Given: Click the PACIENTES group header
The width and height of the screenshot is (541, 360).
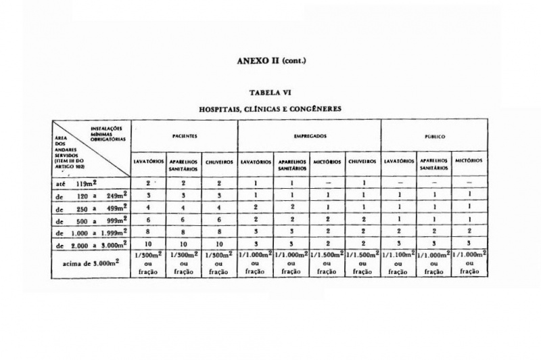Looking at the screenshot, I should click(x=185, y=136).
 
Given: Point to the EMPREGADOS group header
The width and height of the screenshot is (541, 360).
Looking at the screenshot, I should click(x=310, y=136).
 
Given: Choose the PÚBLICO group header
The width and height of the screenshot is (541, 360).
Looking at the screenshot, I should click(x=433, y=136).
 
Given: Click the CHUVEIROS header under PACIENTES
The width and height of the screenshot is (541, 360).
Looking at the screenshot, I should click(x=220, y=162).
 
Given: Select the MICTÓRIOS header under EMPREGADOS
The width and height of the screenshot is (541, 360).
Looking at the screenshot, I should click(x=327, y=162).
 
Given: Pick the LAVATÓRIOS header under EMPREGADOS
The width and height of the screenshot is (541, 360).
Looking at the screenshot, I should click(x=256, y=162).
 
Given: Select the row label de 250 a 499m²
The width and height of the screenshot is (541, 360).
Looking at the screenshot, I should click(x=91, y=208).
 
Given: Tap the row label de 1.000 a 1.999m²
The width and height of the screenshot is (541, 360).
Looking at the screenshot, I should click(x=91, y=233).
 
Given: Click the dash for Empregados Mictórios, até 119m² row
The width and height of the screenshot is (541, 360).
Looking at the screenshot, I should click(x=327, y=183).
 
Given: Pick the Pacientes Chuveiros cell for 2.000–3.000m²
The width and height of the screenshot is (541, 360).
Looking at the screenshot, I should click(x=220, y=244).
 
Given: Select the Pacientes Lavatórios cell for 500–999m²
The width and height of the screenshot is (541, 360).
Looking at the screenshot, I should click(x=149, y=220).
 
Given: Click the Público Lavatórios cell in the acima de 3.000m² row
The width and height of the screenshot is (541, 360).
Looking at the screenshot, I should click(x=399, y=263).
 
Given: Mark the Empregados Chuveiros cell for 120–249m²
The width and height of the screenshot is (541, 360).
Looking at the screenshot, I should click(x=364, y=196).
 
